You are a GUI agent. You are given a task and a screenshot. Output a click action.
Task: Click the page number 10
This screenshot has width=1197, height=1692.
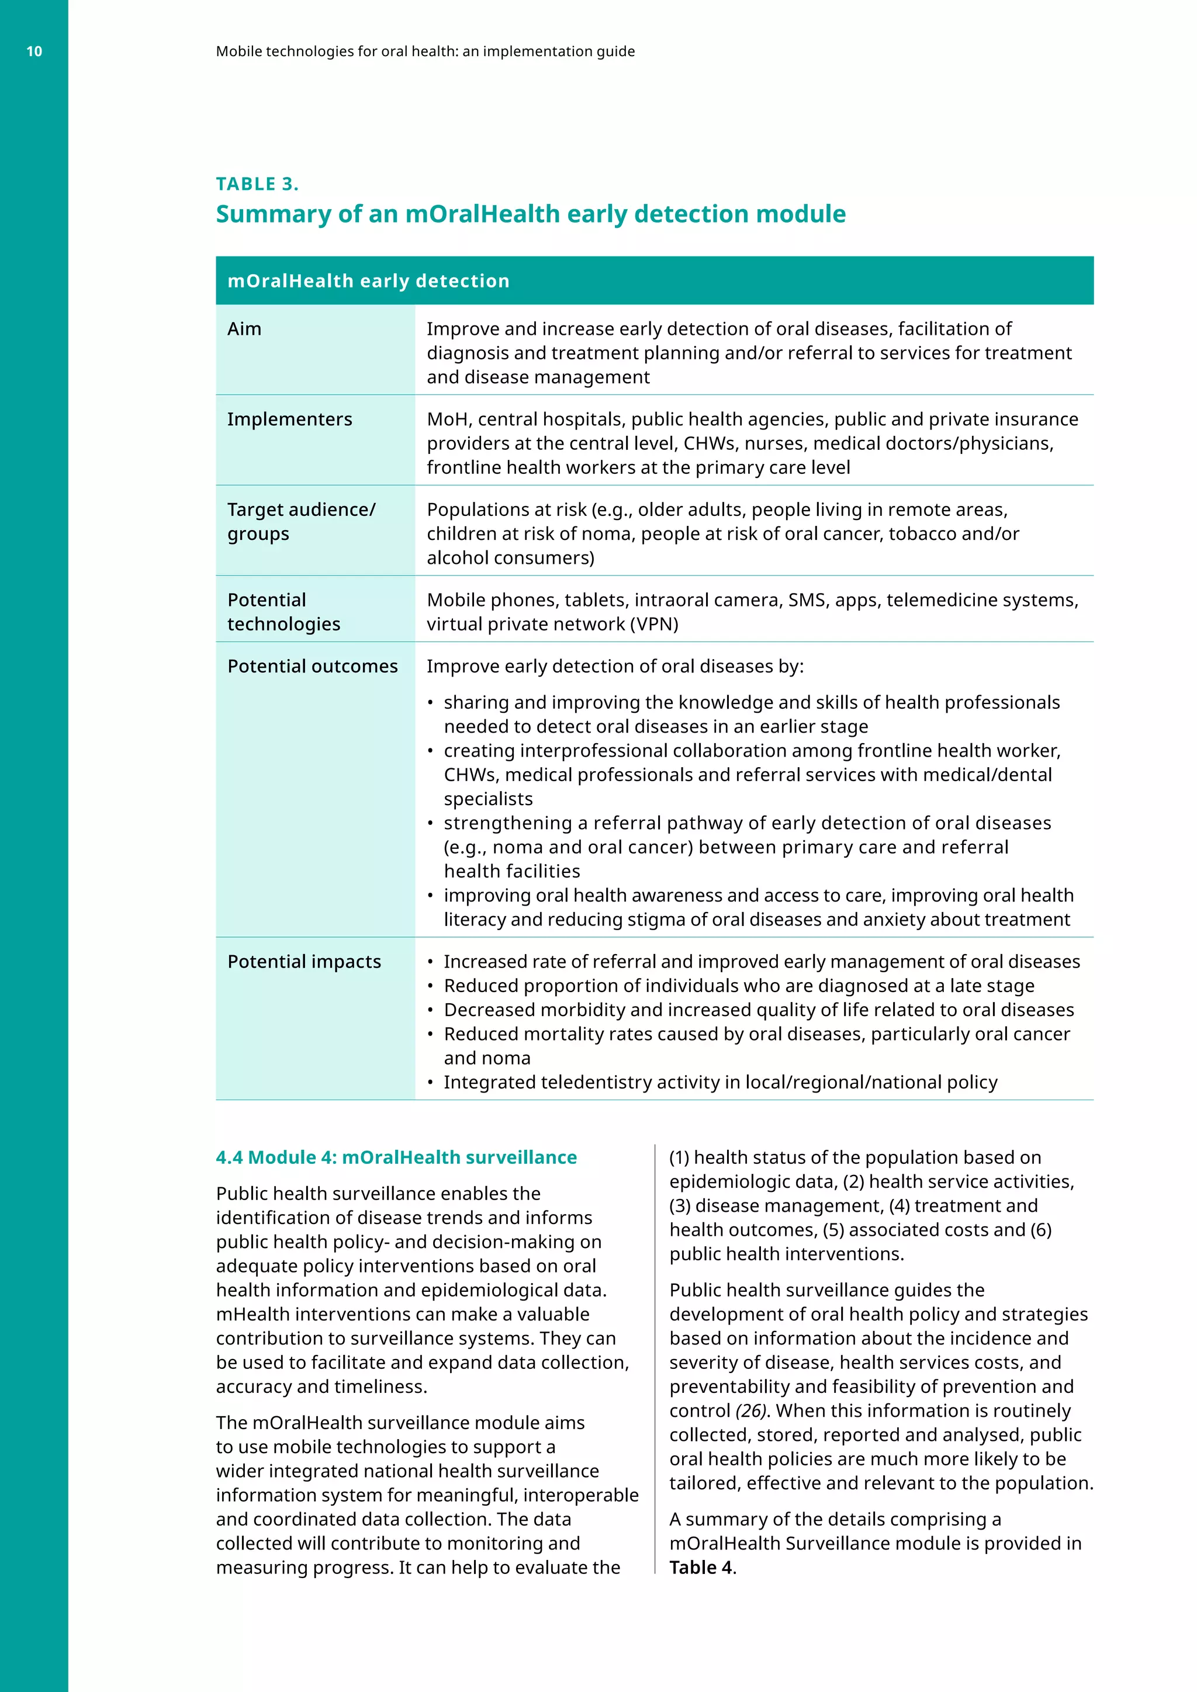point(34,51)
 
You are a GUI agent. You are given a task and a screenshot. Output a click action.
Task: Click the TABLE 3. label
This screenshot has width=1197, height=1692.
point(257,183)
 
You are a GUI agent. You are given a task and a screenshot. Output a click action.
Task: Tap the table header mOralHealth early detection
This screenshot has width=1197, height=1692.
point(369,281)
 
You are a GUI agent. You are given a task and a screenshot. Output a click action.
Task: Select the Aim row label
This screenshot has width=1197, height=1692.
point(244,329)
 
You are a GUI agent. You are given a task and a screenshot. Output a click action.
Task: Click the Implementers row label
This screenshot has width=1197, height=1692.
point(290,419)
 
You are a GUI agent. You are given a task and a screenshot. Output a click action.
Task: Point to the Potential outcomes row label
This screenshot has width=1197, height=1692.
point(313,666)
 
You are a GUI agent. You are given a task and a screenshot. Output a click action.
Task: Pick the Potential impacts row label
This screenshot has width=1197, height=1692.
point(304,962)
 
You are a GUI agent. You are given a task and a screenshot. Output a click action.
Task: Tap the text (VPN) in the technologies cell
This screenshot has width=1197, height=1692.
point(654,624)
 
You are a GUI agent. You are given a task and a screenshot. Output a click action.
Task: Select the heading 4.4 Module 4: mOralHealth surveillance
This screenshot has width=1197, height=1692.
point(396,1157)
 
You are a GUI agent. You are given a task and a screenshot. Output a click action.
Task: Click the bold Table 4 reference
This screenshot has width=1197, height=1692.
point(701,1568)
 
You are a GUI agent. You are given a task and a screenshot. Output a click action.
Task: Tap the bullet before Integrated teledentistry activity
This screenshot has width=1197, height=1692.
point(430,1083)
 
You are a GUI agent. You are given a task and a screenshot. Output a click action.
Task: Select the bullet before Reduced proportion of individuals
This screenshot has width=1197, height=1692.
point(430,986)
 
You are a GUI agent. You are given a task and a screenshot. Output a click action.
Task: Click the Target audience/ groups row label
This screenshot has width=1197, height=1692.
point(301,521)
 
